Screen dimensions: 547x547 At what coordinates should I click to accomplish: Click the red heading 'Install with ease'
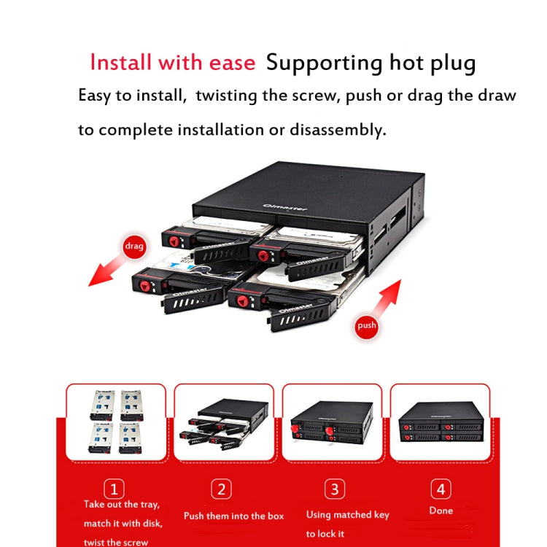172,62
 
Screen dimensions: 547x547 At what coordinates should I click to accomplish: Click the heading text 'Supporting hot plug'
371,63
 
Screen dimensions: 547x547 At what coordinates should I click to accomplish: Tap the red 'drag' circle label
134,247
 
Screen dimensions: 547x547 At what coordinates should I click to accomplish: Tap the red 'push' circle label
366,325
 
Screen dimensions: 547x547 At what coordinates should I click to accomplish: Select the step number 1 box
114,489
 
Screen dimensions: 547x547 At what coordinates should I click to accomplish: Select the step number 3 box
333,489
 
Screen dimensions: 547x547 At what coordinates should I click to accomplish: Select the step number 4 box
441,489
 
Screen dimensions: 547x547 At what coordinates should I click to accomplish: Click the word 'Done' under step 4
441,511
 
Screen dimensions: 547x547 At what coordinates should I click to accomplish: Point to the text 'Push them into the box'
233,516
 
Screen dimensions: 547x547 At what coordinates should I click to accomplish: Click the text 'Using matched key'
347,514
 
